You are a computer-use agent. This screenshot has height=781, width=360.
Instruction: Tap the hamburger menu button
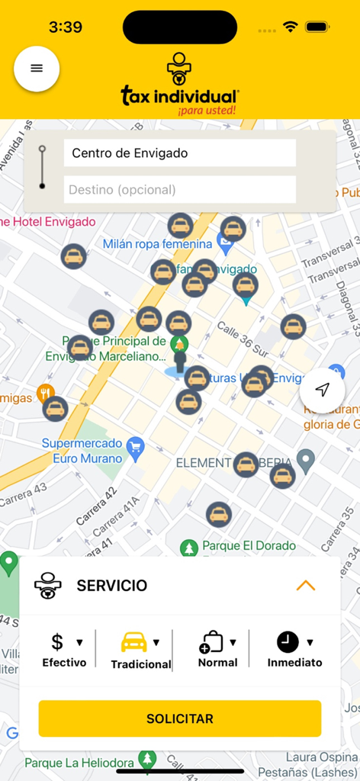pyautogui.click(x=37, y=69)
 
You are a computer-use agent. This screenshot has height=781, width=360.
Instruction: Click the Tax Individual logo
pyautogui.click(x=180, y=85)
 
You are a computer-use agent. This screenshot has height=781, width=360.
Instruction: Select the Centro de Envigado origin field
pyautogui.click(x=179, y=153)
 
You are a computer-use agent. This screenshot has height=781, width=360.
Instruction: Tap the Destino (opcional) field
pyautogui.click(x=179, y=190)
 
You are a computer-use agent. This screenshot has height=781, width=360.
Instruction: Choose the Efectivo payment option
pyautogui.click(x=64, y=651)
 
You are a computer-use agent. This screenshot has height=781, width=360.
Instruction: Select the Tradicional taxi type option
pyautogui.click(x=140, y=651)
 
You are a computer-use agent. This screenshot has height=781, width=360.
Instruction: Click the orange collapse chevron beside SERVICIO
pyautogui.click(x=305, y=586)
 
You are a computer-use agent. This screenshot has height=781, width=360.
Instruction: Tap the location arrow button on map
pyautogui.click(x=323, y=390)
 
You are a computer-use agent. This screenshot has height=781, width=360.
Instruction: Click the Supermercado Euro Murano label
pyautogui.click(x=82, y=451)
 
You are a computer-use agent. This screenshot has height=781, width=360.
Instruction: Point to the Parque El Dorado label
pyautogui.click(x=249, y=546)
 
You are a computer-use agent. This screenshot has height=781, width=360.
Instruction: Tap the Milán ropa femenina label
pyautogui.click(x=157, y=244)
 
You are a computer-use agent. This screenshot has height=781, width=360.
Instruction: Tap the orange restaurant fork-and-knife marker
pyautogui.click(x=45, y=393)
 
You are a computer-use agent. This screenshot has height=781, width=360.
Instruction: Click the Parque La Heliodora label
pyautogui.click(x=79, y=762)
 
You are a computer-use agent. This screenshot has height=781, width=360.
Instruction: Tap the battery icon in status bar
pyautogui.click(x=317, y=27)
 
